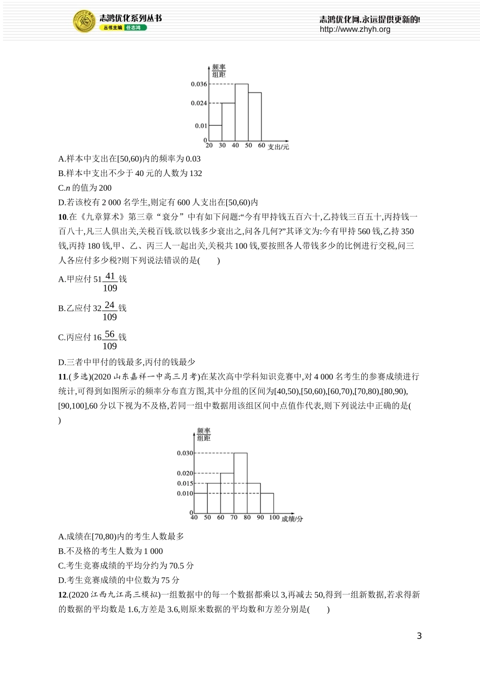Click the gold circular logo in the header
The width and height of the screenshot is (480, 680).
[x=84, y=21]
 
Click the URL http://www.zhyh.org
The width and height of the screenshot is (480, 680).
[x=355, y=29]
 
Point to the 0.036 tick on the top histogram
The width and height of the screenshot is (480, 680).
[x=199, y=84]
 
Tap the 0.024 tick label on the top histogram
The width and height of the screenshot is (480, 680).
[x=199, y=103]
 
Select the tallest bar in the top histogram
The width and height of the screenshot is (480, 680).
[x=241, y=112]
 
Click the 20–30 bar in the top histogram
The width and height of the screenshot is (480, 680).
[x=215, y=133]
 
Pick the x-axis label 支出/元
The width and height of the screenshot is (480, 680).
[x=278, y=147]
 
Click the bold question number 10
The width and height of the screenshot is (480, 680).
[x=63, y=217]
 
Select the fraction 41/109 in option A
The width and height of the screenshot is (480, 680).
[x=110, y=282]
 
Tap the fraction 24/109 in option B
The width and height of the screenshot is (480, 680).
[x=110, y=311]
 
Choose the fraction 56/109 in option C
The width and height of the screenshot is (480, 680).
[x=110, y=341]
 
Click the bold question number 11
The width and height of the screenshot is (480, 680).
[x=63, y=376]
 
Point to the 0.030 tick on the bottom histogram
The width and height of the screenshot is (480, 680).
[x=185, y=453]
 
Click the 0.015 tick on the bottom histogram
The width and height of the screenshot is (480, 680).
[x=185, y=484]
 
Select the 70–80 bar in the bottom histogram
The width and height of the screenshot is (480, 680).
[x=241, y=483]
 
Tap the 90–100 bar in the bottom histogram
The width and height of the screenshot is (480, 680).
[x=267, y=503]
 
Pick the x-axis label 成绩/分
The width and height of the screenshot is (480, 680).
[x=292, y=519]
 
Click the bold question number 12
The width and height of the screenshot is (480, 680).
[x=63, y=594]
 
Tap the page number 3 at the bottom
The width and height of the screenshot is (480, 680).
[x=419, y=636]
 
